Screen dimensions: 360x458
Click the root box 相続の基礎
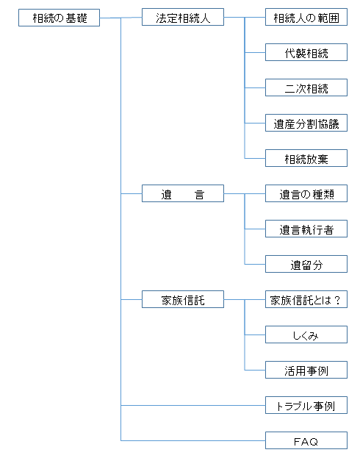pos(59,18)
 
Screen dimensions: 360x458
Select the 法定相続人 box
pos(183,17)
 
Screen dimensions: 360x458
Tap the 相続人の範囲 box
pos(306,17)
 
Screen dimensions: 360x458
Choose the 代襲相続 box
pos(306,53)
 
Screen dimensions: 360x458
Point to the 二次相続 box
pos(306,87)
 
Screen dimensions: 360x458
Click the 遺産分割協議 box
pos(306,123)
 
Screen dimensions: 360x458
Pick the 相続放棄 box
pos(306,158)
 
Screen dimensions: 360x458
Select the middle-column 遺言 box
pos(183,193)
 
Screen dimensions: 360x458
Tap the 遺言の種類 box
pos(306,193)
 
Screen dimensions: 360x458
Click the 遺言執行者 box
pos(306,229)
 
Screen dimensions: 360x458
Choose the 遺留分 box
pos(306,265)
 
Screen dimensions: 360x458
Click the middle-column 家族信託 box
pos(183,299)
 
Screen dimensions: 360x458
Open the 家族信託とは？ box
pos(306,299)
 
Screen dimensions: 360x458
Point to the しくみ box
pos(306,334)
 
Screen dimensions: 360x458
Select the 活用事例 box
pos(306,370)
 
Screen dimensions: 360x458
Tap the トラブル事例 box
pos(306,405)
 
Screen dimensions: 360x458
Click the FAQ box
pos(306,441)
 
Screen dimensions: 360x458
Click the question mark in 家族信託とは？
pos(337,300)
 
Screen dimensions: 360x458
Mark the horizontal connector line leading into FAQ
pos(193,440)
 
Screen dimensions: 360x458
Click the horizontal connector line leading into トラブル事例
pos(193,405)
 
